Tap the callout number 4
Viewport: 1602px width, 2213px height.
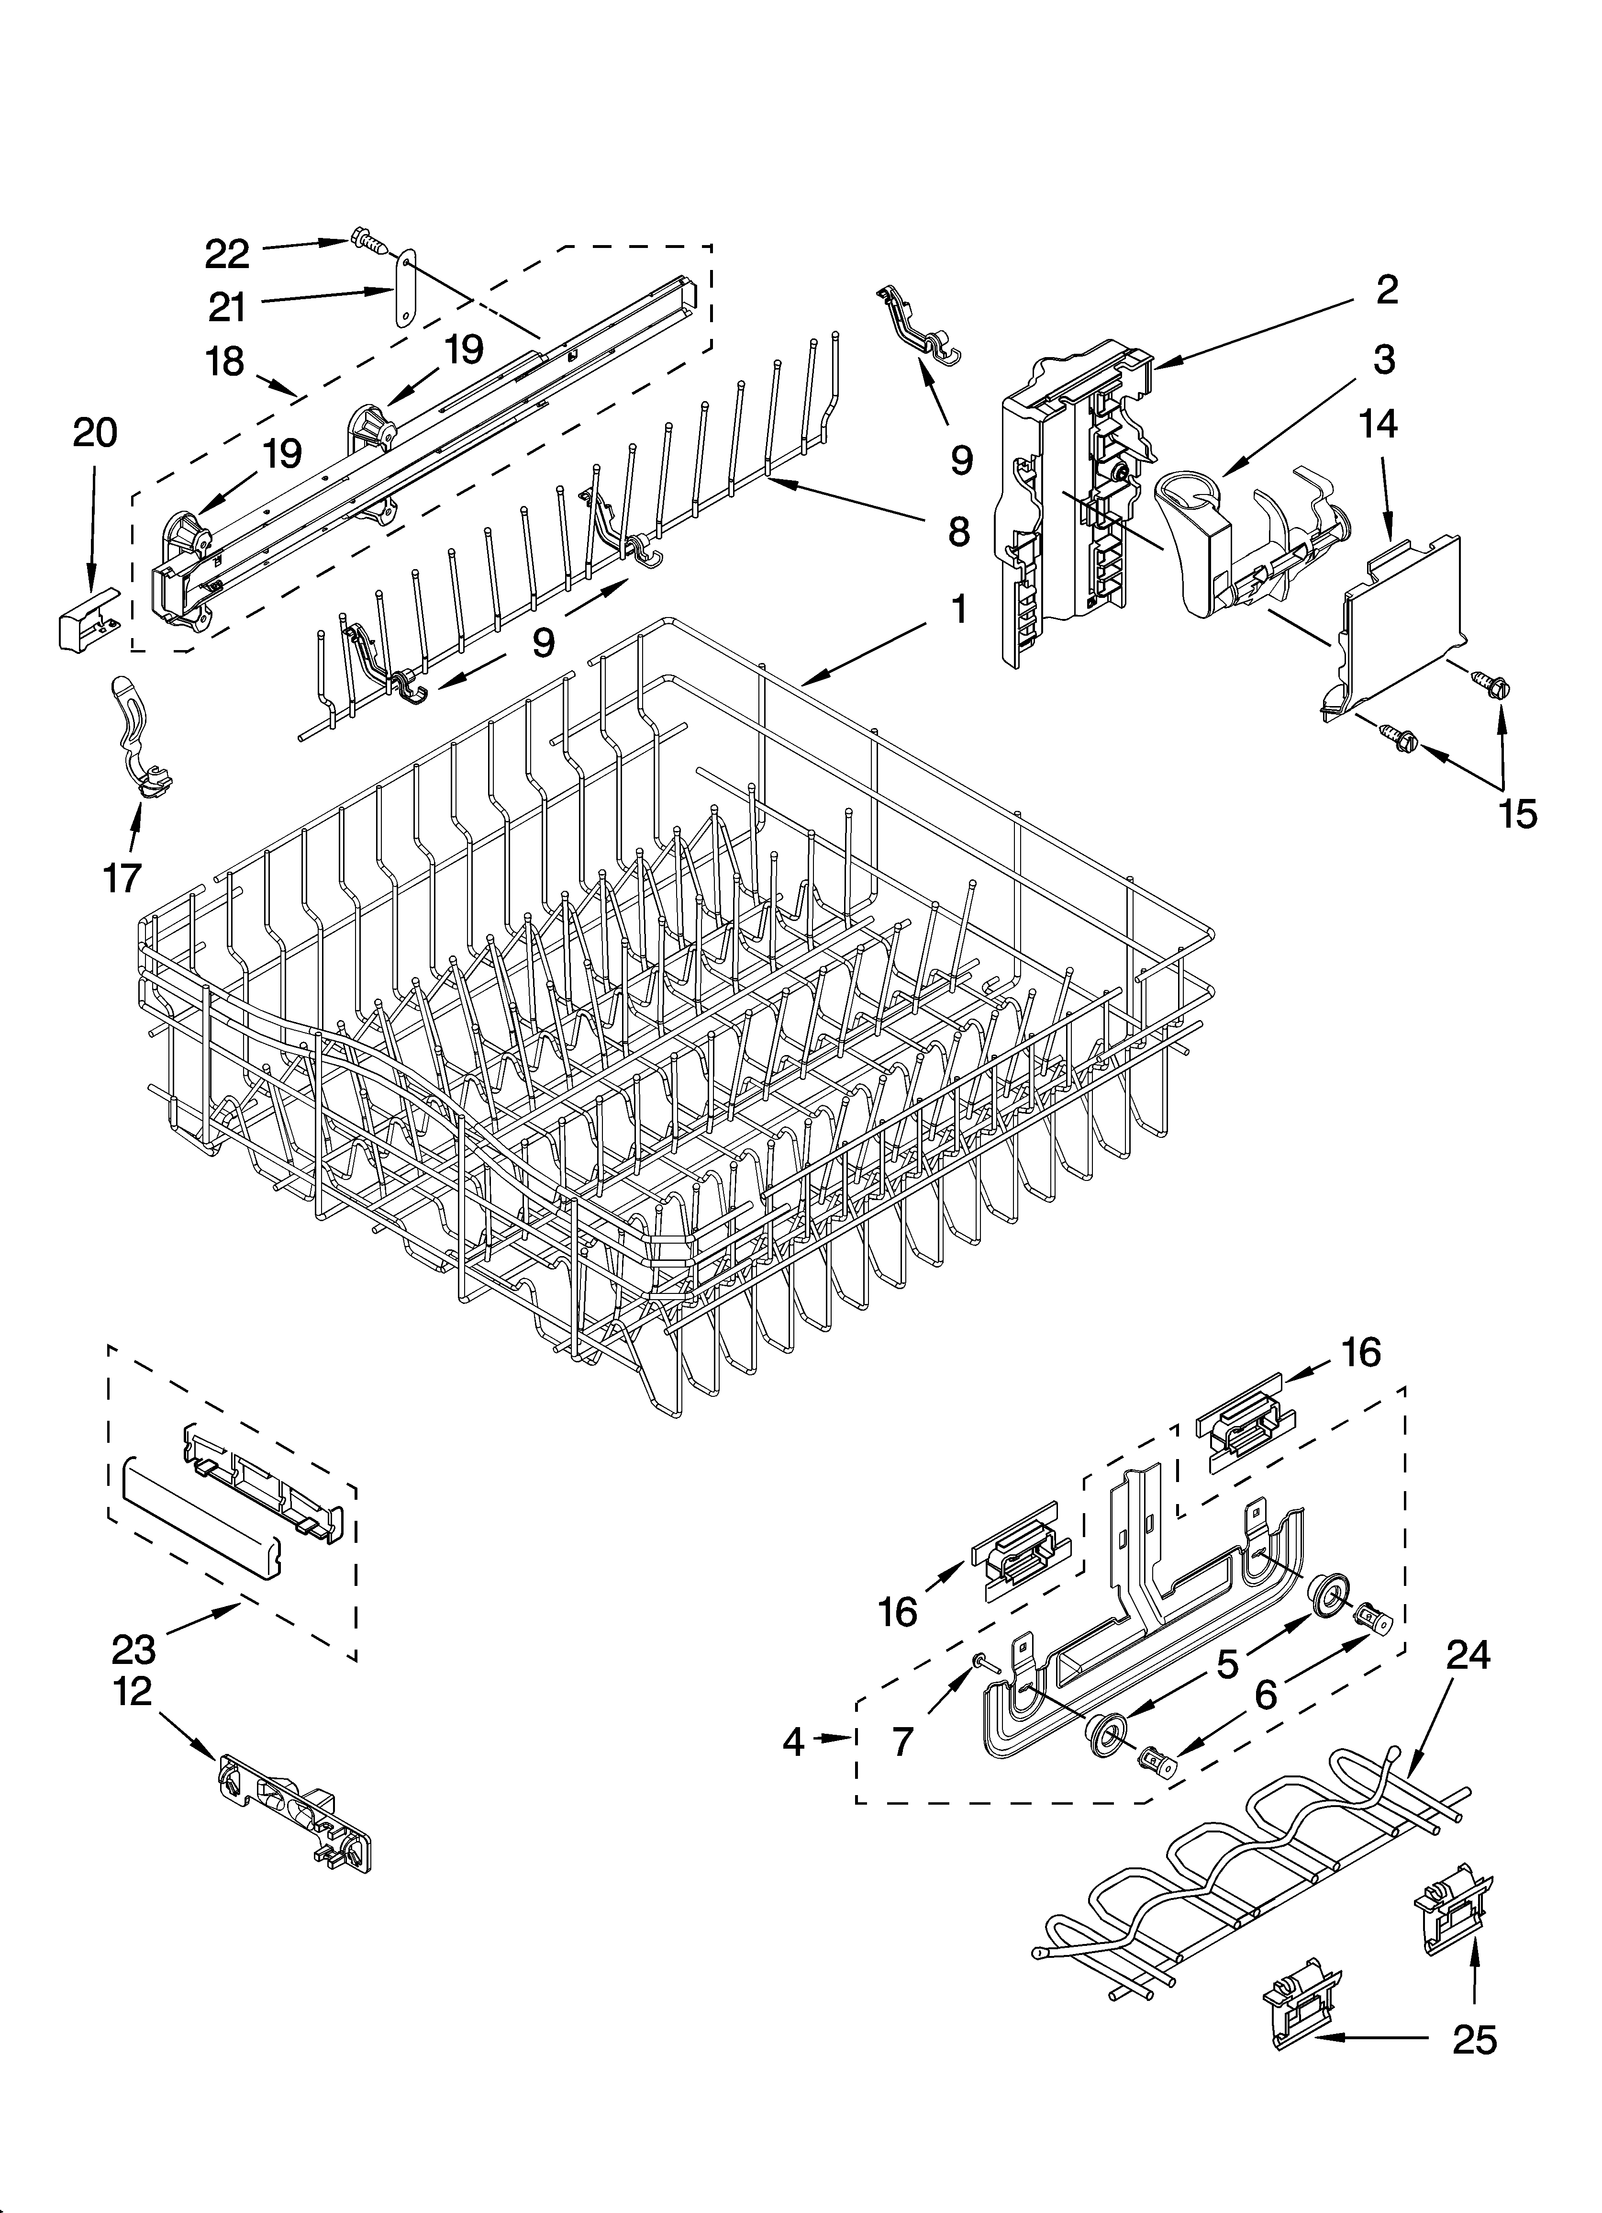click(793, 1741)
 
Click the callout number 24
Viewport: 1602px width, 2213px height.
click(1468, 1654)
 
